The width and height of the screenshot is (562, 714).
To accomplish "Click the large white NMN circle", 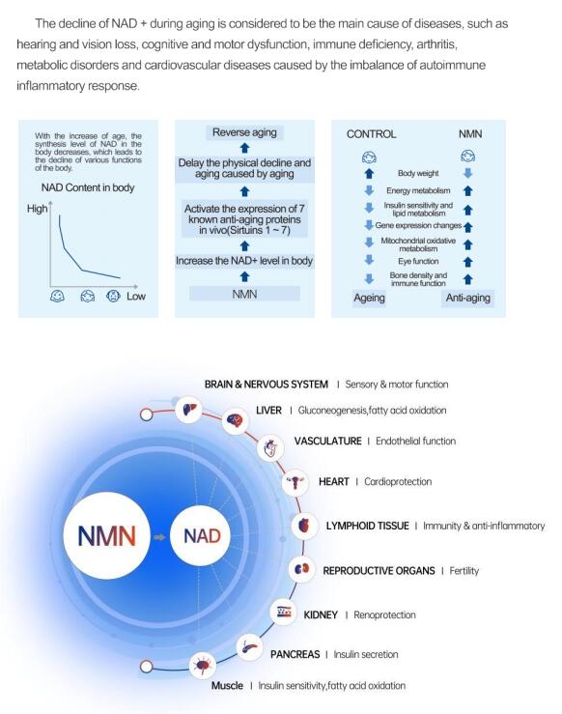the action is tap(106, 535).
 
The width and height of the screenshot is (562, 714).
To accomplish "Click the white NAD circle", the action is tap(200, 536).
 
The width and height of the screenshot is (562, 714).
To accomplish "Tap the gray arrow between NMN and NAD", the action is tap(159, 537).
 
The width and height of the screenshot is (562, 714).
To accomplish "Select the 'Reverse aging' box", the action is tap(244, 132).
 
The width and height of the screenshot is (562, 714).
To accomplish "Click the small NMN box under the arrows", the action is tap(244, 294).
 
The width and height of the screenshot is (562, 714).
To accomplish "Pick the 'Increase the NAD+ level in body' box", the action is tap(244, 261).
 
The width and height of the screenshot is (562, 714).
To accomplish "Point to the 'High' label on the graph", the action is tap(38, 209).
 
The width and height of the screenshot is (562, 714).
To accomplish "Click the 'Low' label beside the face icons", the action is tap(136, 297).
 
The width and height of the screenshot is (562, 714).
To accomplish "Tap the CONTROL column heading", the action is tap(372, 134).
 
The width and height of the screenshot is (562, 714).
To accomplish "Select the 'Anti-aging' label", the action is tap(467, 299).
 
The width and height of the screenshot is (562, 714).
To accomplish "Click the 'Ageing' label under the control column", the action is tap(369, 299).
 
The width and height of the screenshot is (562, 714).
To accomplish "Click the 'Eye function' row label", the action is tap(418, 262).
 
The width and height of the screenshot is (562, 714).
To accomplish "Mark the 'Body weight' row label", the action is tap(418, 173).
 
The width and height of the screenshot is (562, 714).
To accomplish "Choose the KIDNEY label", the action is tap(321, 615).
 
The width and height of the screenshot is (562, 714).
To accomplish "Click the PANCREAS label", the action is tap(295, 654).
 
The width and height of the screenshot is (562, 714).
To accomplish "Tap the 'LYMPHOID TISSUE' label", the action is tap(367, 526).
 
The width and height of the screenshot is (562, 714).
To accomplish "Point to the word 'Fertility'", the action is tap(464, 571).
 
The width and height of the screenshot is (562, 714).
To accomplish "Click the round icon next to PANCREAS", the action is tap(249, 647).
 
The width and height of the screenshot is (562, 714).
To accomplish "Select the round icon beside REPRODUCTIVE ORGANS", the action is tap(301, 569).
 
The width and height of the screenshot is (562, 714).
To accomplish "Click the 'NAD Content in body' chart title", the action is tap(88, 187).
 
